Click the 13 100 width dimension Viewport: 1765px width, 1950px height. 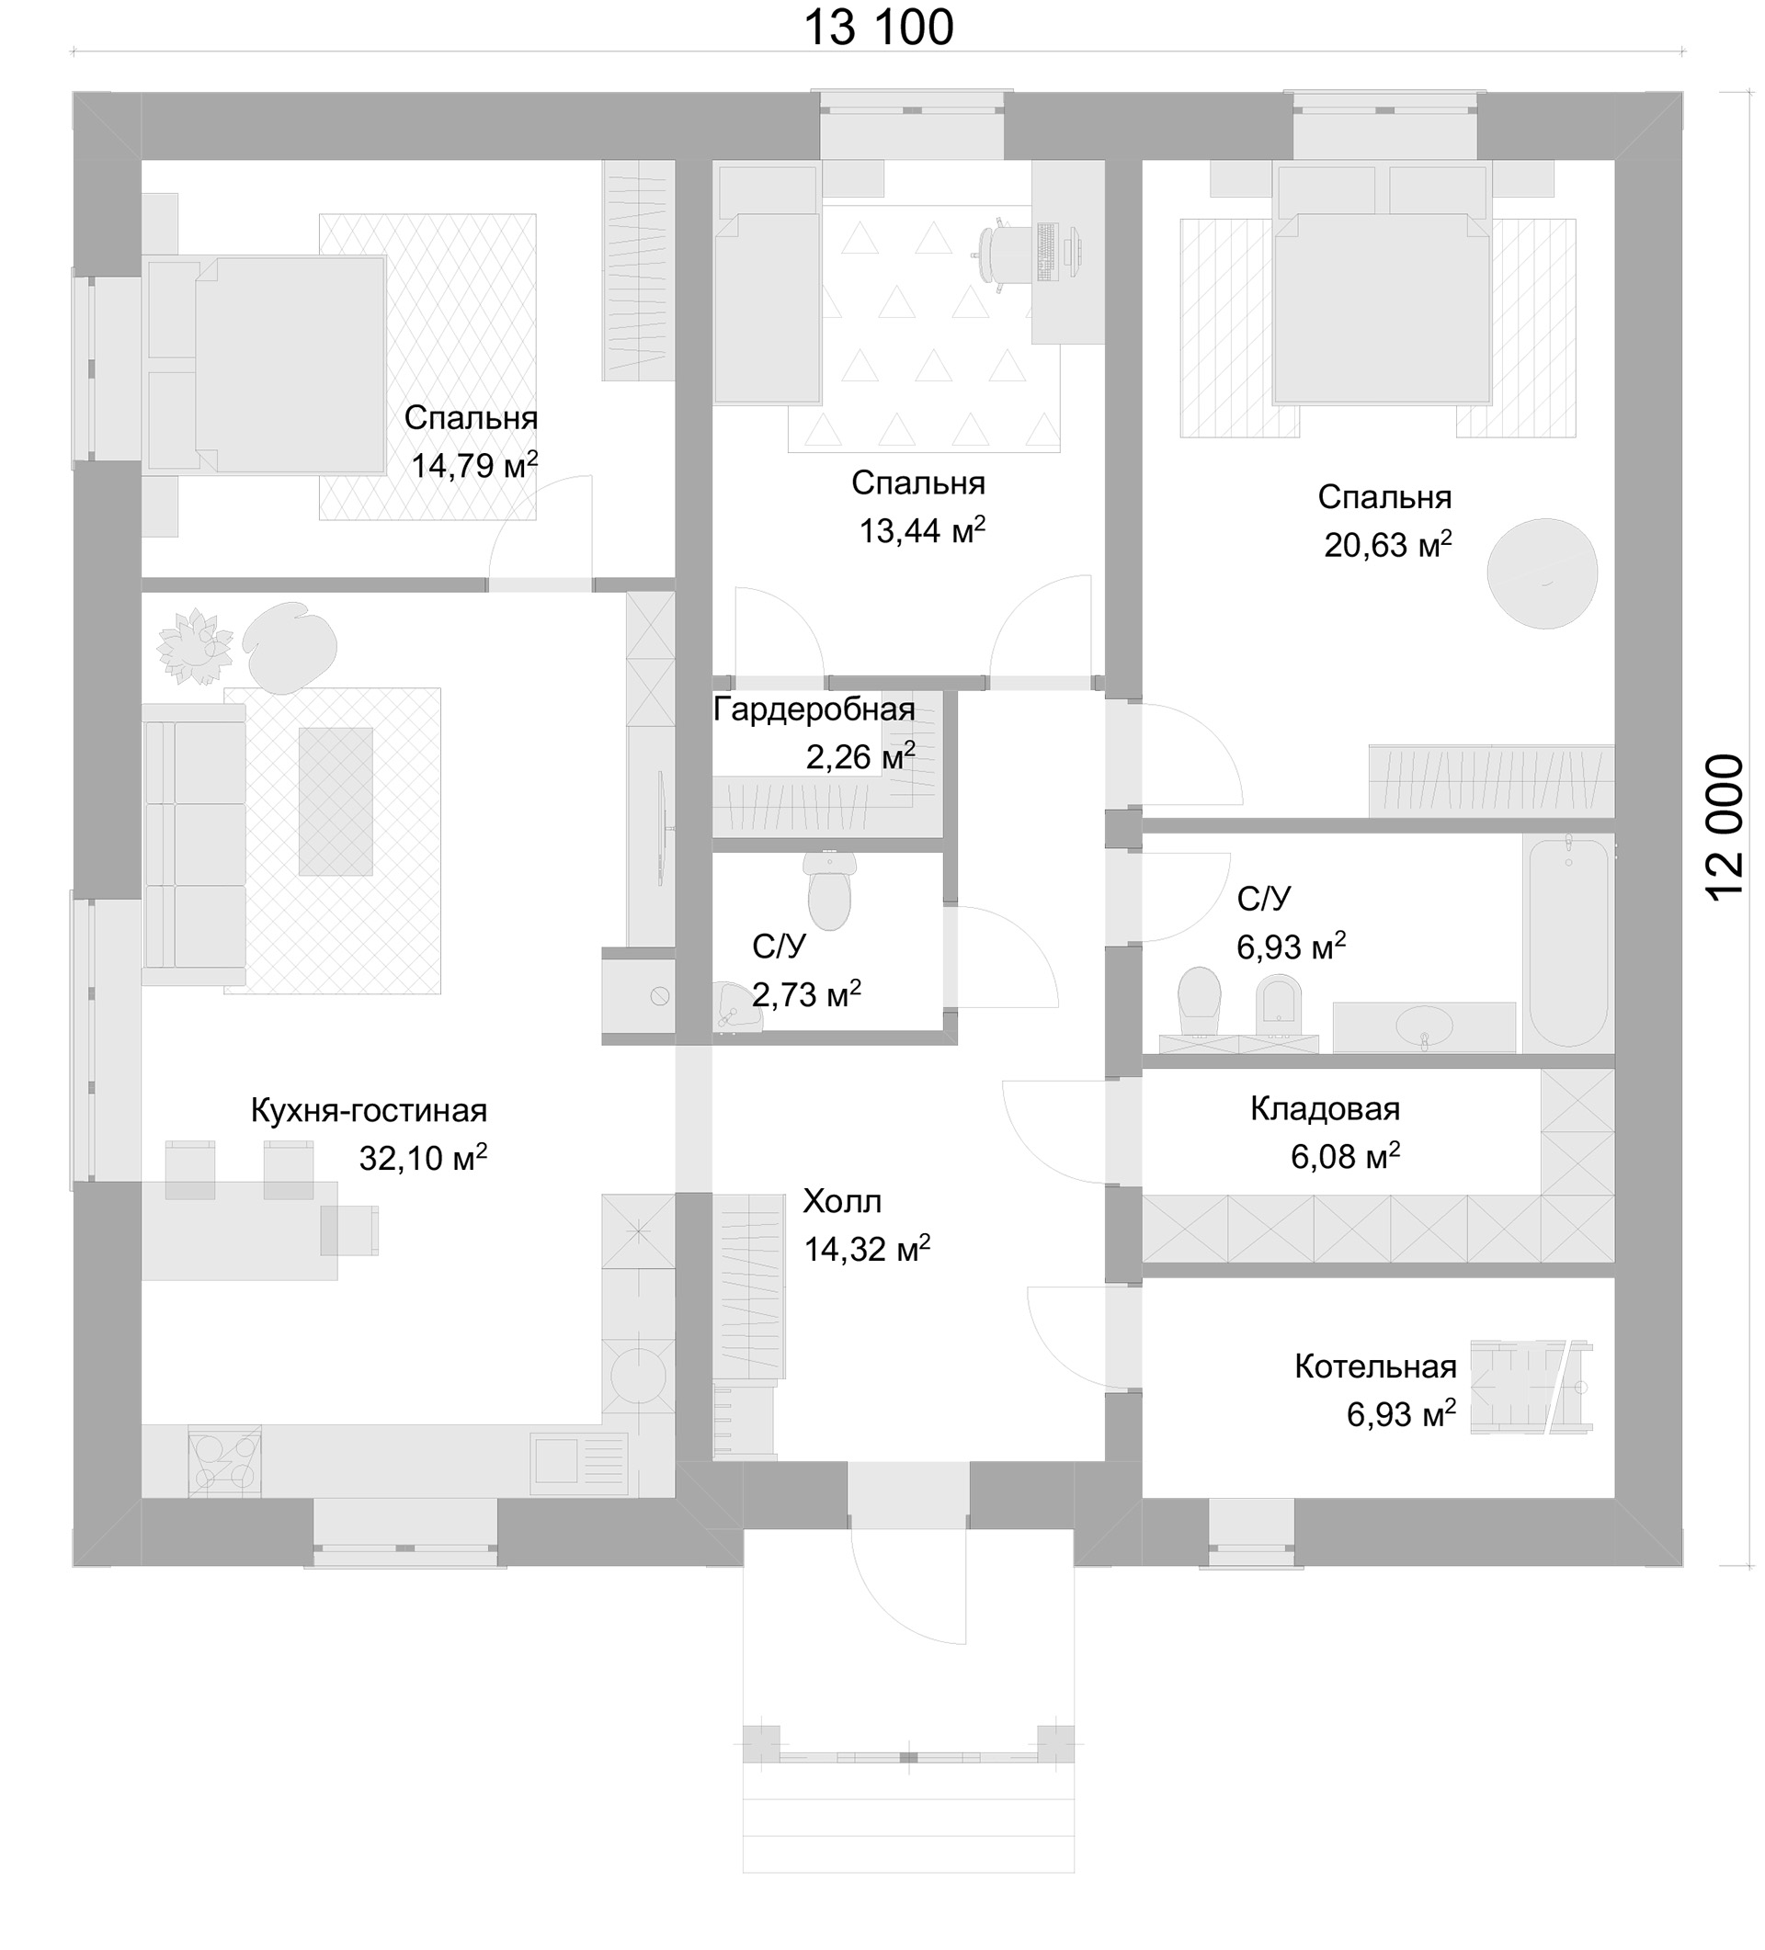pos(879,27)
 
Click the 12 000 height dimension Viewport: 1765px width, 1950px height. pos(1725,828)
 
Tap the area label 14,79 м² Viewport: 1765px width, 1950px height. pos(474,465)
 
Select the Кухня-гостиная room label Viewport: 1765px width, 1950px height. pos(369,1110)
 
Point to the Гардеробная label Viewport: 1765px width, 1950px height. pos(814,710)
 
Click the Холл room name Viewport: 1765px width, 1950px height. pos(842,1201)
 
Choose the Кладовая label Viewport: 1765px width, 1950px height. pos(1325,1108)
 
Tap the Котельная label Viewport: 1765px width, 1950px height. pos(1375,1366)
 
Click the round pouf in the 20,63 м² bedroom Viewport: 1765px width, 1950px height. pos(1542,573)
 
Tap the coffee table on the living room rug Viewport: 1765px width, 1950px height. pos(335,802)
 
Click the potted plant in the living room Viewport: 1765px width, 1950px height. pos(196,646)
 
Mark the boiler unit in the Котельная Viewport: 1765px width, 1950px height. pos(1531,1386)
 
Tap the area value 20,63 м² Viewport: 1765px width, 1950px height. pos(1387,545)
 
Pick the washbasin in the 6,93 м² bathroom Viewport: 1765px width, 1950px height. pos(1422,1026)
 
